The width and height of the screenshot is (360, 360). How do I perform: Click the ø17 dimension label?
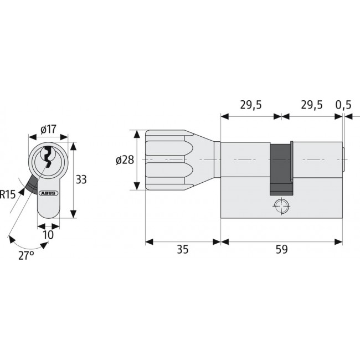click(x=49, y=130)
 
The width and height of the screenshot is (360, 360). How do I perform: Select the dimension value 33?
click(x=81, y=179)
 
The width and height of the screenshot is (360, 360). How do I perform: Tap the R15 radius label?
click(x=8, y=194)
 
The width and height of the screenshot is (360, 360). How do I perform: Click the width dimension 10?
click(x=49, y=234)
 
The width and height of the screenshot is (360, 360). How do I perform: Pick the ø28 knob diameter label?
click(x=125, y=160)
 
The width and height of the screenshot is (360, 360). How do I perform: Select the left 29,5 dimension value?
click(x=251, y=105)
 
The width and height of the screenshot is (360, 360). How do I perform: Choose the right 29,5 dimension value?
click(x=311, y=105)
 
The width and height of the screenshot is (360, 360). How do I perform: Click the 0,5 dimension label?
click(x=343, y=105)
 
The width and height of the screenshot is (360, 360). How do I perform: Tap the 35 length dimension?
click(x=182, y=249)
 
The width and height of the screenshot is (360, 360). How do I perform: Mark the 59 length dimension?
click(x=281, y=249)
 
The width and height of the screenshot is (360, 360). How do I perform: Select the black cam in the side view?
click(x=281, y=169)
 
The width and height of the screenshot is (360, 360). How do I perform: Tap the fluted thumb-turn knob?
click(x=164, y=160)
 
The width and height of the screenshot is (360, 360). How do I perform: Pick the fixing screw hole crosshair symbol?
click(x=281, y=205)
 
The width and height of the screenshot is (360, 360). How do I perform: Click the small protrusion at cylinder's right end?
click(x=344, y=160)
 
